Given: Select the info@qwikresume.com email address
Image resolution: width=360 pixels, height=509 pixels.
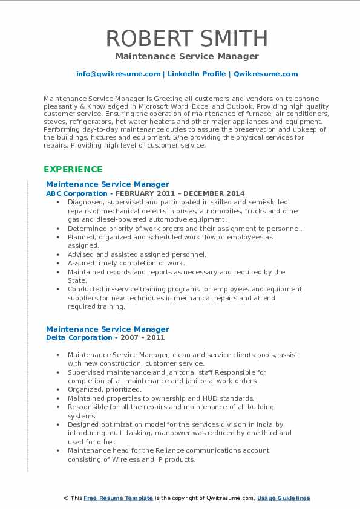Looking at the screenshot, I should click(x=118, y=74).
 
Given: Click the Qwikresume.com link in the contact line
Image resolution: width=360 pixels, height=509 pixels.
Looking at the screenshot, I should click(x=266, y=74).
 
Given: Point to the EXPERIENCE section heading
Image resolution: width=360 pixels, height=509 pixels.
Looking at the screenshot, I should click(x=73, y=169).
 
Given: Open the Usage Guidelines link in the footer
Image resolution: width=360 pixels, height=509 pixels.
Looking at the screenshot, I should click(x=283, y=498).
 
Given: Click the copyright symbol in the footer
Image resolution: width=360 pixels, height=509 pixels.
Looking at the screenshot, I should click(x=66, y=498).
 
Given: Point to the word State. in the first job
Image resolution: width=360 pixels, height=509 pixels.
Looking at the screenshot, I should click(x=77, y=280).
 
